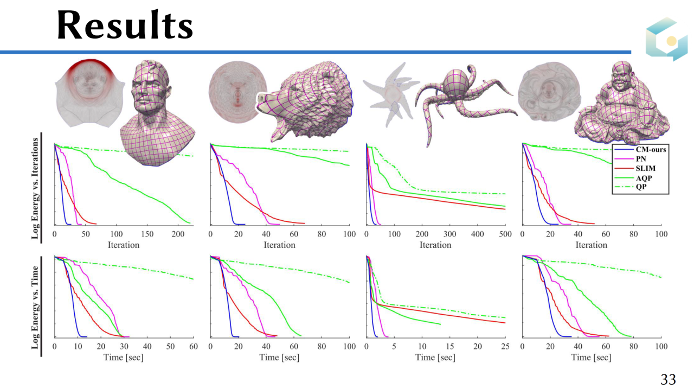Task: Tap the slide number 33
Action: [668, 380]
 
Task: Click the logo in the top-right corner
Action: [666, 39]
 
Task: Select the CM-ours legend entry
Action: [651, 149]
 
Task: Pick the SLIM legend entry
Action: [645, 168]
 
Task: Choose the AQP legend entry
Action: [644, 178]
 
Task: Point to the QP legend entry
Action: [642, 187]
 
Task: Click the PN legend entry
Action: [641, 158]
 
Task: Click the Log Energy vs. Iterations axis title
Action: [36, 188]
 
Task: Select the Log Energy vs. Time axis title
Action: [36, 307]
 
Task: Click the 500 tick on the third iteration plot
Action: [505, 234]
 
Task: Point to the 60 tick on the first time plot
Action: [193, 346]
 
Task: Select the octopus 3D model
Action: [461, 98]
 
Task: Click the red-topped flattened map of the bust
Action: [89, 92]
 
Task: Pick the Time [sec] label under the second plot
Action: [279, 357]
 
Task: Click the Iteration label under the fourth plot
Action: [591, 245]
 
